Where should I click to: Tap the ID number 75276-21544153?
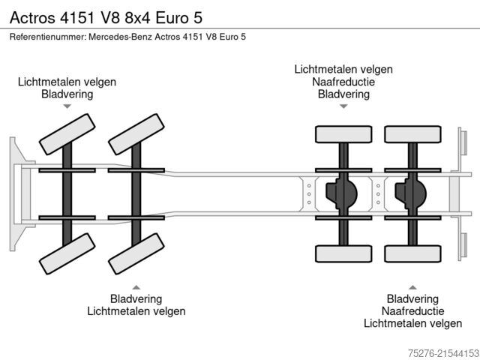tap(436, 351)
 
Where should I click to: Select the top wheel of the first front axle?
tap(67, 135)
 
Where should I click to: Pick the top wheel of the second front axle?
tap(136, 135)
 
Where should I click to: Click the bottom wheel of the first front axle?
tap(67, 254)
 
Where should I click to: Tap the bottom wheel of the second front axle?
tap(136, 254)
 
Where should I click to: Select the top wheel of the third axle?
tap(343, 134)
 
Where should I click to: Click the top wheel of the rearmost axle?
tap(412, 134)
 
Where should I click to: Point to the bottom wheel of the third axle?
tap(343, 254)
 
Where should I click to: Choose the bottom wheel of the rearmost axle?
tap(412, 254)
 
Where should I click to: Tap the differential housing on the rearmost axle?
tap(411, 194)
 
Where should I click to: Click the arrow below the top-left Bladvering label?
tap(67, 107)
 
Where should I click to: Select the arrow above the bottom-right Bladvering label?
tap(412, 287)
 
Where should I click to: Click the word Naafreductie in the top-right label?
tap(343, 82)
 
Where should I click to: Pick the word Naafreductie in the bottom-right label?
tap(412, 311)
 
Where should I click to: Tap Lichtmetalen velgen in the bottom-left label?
tap(136, 311)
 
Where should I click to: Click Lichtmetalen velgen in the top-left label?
tap(67, 82)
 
